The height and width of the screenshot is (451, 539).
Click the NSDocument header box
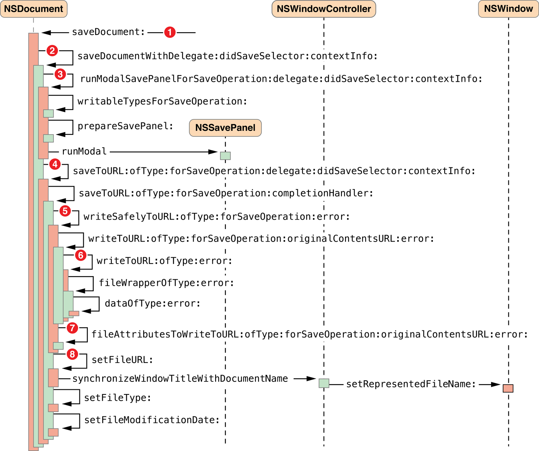coord(33,9)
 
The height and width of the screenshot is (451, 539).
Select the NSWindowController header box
coord(323,9)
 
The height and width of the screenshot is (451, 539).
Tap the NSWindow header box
coord(508,9)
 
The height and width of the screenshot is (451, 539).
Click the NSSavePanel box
coord(225,128)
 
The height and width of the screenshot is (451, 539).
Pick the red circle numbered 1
coord(170,32)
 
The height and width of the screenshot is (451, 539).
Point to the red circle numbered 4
coord(55,164)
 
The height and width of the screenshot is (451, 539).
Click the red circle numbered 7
coord(72,328)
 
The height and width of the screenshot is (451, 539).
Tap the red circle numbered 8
coord(72,354)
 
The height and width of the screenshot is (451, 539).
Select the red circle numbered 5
coord(65,211)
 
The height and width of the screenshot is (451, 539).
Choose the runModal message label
coord(84,151)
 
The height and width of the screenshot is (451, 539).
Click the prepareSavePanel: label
coord(125,126)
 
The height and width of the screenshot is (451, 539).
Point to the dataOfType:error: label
coord(152,303)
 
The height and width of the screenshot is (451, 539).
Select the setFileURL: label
coord(122,359)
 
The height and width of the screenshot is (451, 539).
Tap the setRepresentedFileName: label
coord(411,384)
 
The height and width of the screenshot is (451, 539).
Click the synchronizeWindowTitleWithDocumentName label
coord(180,378)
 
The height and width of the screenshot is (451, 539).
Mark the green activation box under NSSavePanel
coord(225,156)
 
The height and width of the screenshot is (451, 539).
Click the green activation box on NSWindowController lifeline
coord(323,383)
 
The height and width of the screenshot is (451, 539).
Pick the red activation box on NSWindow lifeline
coord(508,388)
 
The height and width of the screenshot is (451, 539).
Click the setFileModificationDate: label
coord(151,420)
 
